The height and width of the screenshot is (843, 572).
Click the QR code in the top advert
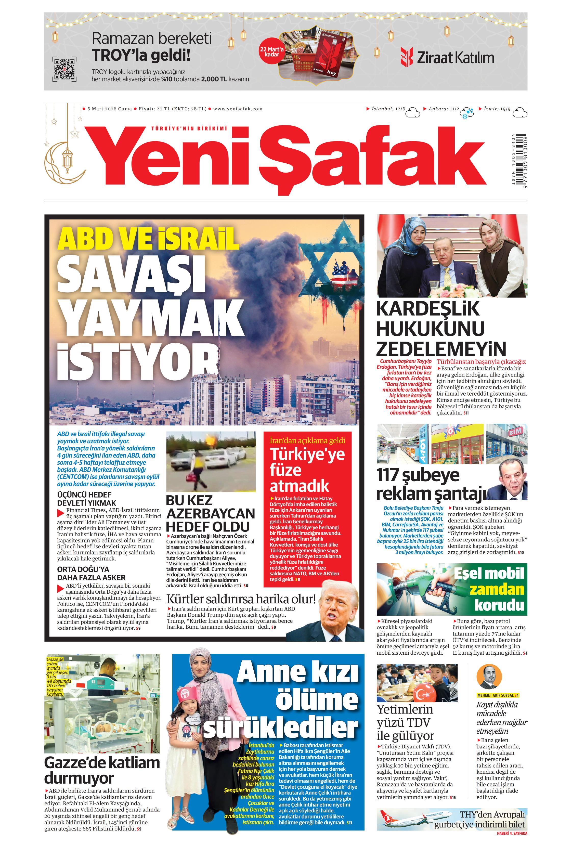point(64,69)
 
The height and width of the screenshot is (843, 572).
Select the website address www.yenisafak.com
point(238,109)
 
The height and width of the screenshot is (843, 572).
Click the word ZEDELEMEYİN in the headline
point(441,349)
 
